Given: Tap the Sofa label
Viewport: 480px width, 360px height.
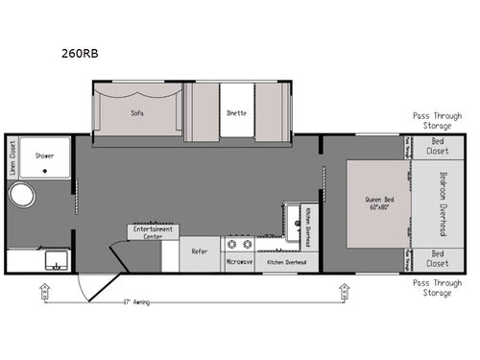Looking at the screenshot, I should (x=137, y=112).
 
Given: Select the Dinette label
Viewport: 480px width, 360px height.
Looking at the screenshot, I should (x=236, y=112).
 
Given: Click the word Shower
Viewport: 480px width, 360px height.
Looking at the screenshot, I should (x=45, y=155).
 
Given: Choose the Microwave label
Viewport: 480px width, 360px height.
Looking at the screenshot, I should (x=238, y=261).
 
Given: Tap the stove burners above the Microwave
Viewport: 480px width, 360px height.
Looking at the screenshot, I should (x=239, y=244).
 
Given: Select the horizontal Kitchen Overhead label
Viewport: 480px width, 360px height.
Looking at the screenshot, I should (x=287, y=261).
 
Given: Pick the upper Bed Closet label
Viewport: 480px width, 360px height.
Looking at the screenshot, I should (x=437, y=146).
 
